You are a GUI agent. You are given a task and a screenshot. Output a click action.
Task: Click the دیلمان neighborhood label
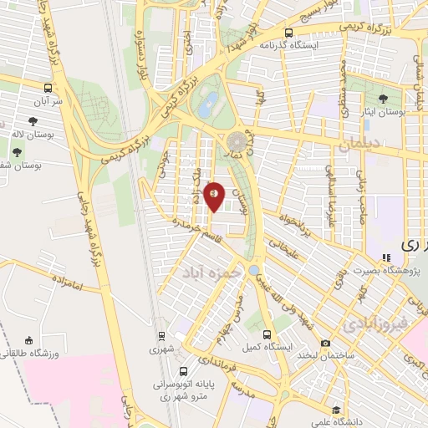click(360, 145)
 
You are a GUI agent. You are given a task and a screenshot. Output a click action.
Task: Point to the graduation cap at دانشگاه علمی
click(336, 410)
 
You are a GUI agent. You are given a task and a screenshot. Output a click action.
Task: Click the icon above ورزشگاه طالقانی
click(29, 341)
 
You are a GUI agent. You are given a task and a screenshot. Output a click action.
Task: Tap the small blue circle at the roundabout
click(252, 269)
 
